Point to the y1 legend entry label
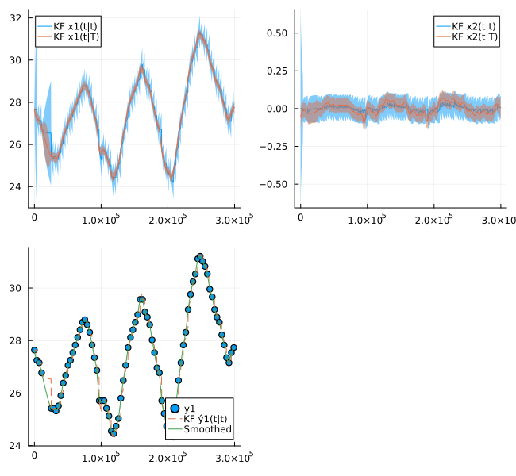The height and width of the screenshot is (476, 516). pyautogui.click(x=190, y=409)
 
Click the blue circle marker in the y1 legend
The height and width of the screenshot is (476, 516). pyautogui.click(x=175, y=409)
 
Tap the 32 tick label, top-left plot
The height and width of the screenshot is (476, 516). pyautogui.click(x=15, y=17)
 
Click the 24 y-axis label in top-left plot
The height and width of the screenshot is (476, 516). pyautogui.click(x=15, y=187)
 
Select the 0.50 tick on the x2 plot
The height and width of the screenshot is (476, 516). pyautogui.click(x=277, y=33)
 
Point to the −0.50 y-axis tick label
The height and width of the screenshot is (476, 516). pyautogui.click(x=273, y=185)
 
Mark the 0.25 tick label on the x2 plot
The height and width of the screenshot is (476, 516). pyautogui.click(x=277, y=71)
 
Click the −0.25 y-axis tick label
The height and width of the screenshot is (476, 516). pyautogui.click(x=273, y=147)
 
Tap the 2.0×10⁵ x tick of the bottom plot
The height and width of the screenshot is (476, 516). pyautogui.click(x=168, y=457)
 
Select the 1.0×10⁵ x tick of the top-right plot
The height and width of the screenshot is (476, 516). pyautogui.click(x=368, y=219)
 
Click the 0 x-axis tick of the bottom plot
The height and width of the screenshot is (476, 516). pyautogui.click(x=34, y=455)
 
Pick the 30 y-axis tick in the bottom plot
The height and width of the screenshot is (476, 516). pyautogui.click(x=15, y=288)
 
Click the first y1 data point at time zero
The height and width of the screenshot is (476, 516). pyautogui.click(x=34, y=350)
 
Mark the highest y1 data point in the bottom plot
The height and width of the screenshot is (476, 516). pyautogui.click(x=200, y=256)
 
